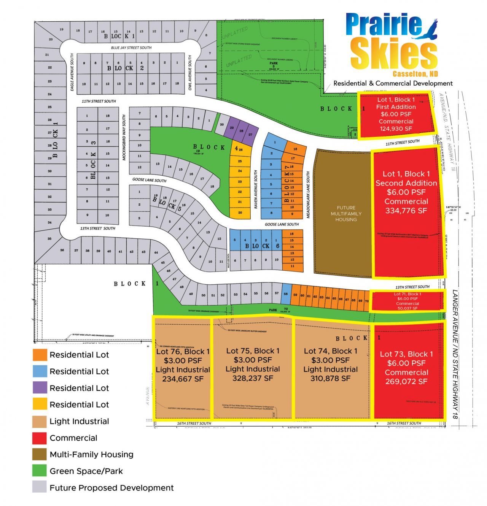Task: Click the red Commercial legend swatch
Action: (x=40, y=438)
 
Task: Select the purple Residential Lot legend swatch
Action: (x=40, y=388)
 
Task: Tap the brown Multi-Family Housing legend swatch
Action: (x=40, y=455)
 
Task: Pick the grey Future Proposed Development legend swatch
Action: (x=40, y=488)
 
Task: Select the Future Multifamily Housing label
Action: (x=346, y=213)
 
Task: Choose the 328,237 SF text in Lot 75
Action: (x=253, y=378)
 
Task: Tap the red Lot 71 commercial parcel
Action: (x=407, y=301)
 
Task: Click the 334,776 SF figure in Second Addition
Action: (x=406, y=211)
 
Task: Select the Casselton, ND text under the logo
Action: (x=415, y=73)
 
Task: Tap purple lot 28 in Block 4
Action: (x=241, y=131)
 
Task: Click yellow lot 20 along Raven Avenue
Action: (x=240, y=213)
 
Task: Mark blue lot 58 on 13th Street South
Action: (x=286, y=294)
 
